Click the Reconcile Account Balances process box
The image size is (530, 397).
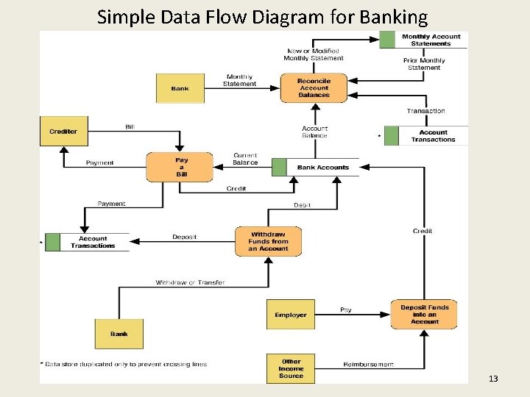tap(314, 88)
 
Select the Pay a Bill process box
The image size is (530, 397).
tap(181, 167)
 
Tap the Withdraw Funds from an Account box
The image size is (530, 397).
tap(268, 241)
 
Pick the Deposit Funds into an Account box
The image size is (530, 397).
tap(425, 315)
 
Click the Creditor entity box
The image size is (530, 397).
tap(63, 132)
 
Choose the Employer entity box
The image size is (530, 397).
tap(291, 315)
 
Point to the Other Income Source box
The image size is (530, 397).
tap(291, 368)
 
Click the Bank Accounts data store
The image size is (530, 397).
tap(322, 168)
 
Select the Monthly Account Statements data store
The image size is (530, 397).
tap(431, 40)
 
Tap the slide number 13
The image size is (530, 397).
tap(493, 379)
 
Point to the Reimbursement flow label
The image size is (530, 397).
tap(368, 364)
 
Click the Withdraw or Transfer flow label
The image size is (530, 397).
tap(190, 282)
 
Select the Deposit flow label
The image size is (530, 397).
tap(184, 237)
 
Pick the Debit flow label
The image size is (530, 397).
tap(303, 204)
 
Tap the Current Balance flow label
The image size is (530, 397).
tap(245, 159)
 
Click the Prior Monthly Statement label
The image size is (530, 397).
tap(424, 64)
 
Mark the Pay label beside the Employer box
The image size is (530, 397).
tap(345, 310)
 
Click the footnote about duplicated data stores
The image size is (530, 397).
tap(123, 364)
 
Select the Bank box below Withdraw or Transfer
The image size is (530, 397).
tap(119, 334)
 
